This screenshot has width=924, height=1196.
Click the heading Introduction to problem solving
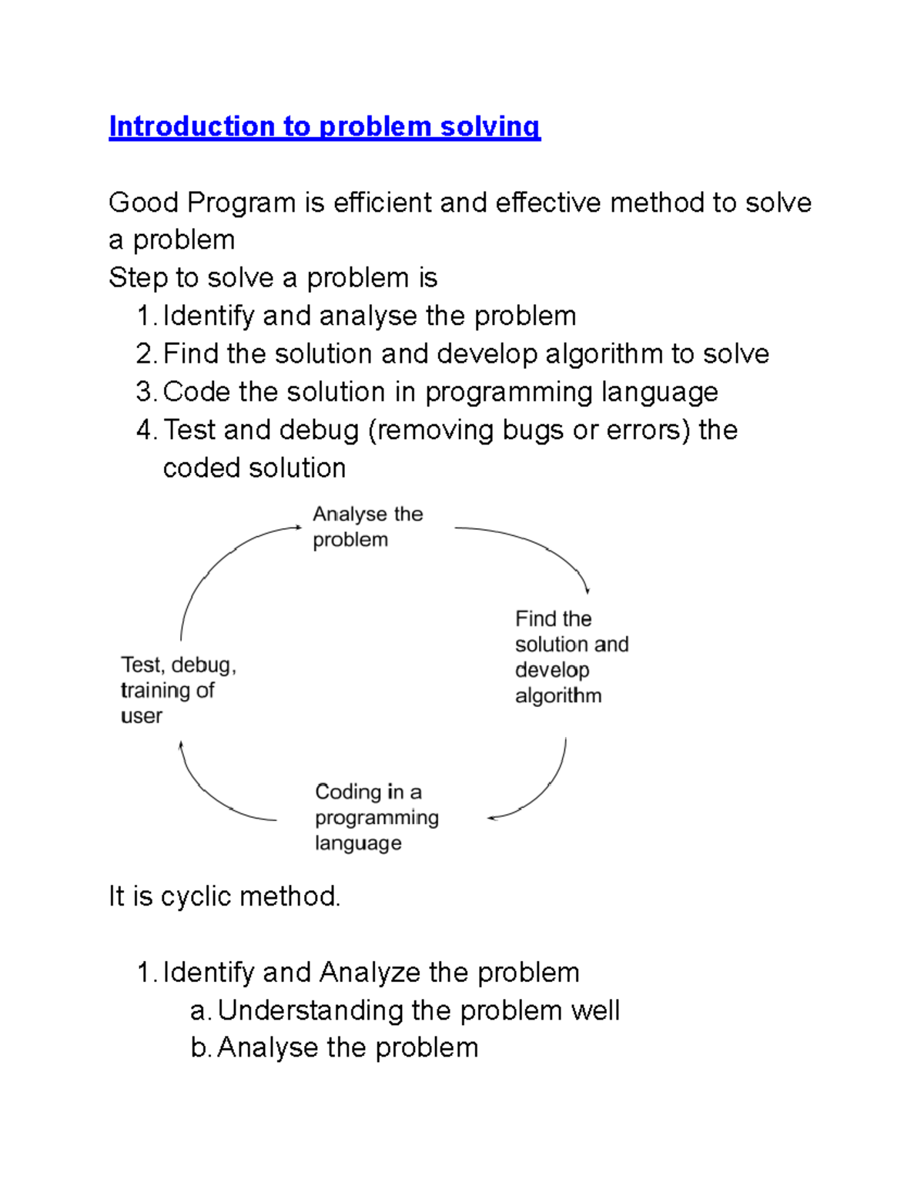click(x=324, y=127)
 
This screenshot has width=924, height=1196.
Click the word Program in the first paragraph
click(x=241, y=203)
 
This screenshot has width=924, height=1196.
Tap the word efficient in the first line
click(x=383, y=203)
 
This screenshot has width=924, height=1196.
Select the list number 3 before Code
click(x=146, y=393)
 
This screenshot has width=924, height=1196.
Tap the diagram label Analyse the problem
click(x=367, y=527)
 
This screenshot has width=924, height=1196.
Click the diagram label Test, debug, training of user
click(x=178, y=690)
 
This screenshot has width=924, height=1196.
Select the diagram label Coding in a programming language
click(x=377, y=817)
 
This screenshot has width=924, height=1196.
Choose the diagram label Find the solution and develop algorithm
click(x=571, y=657)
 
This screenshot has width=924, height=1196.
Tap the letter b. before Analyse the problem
click(x=200, y=1048)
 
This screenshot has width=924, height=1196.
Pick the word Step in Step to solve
click(x=138, y=279)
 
